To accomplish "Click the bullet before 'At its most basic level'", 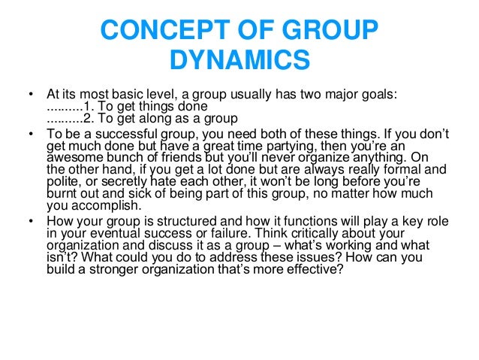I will (x=30, y=95).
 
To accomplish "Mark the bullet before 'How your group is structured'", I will (x=30, y=222).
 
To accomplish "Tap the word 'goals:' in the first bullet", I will (x=378, y=95).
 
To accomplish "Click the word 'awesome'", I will (x=70, y=159).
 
